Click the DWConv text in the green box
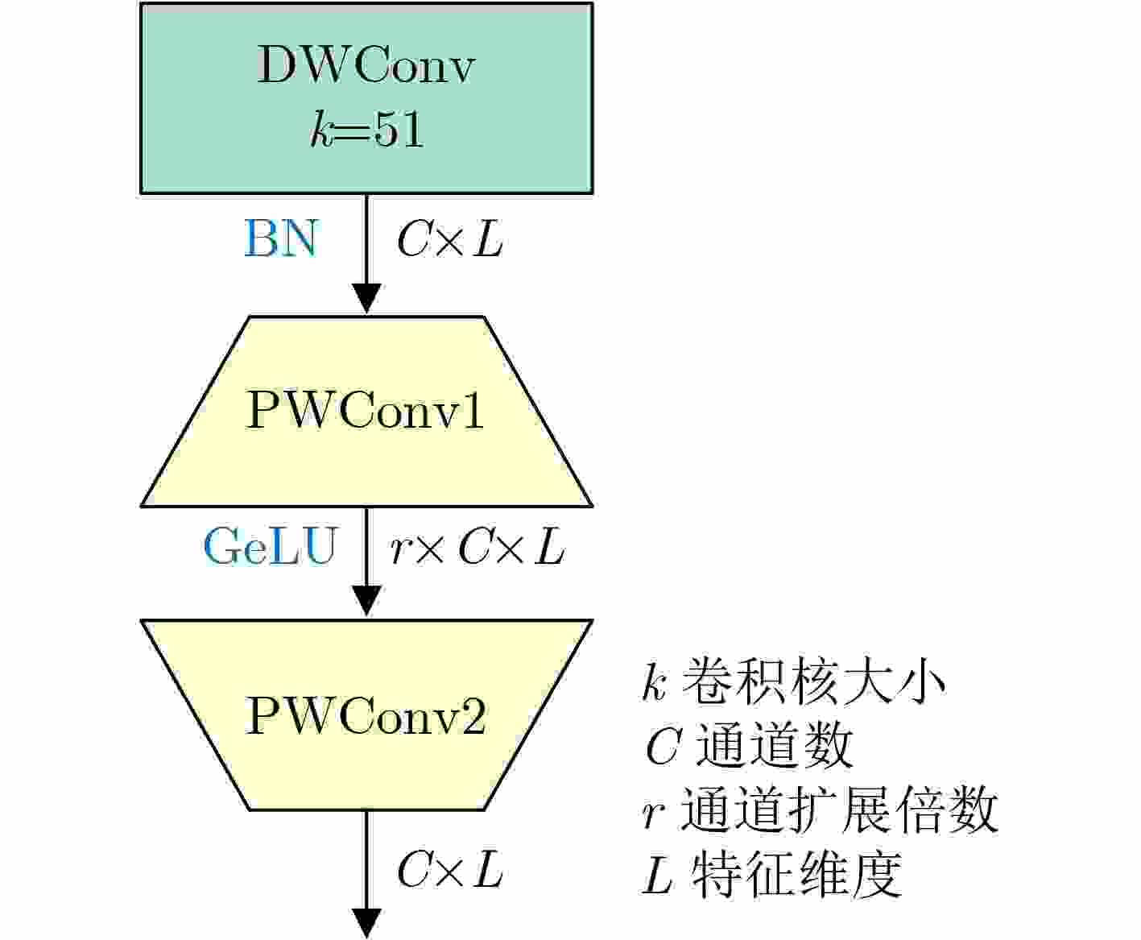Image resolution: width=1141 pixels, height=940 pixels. click(366, 64)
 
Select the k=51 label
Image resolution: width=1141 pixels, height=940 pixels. click(367, 129)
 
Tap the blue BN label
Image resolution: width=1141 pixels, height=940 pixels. click(280, 238)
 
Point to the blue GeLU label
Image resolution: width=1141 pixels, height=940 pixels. click(271, 546)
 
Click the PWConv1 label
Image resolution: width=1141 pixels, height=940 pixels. click(365, 410)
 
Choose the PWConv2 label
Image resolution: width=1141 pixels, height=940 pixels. click(365, 715)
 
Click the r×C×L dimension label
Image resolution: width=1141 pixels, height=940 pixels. click(477, 546)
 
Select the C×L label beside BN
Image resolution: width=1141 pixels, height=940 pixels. click(450, 239)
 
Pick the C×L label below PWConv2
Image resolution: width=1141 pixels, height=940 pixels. click(450, 869)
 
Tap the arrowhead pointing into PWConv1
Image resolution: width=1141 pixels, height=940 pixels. click(366, 299)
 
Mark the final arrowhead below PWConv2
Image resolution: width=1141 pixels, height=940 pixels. click(366, 924)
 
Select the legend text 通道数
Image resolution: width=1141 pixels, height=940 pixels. click(774, 745)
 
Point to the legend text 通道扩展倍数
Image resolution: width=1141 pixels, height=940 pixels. click(839, 810)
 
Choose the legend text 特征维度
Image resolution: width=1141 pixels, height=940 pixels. click(796, 874)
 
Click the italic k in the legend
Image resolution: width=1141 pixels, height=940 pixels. click(655, 681)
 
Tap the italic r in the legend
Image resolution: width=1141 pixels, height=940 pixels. click(654, 815)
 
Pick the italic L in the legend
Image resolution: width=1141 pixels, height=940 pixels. click(657, 875)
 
